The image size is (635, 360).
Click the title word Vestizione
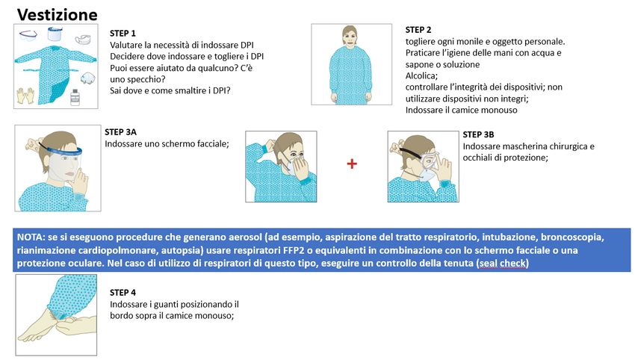(57, 15)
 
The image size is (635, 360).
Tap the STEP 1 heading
(123, 34)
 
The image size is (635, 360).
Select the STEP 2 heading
(418, 29)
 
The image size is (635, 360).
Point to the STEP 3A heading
(121, 132)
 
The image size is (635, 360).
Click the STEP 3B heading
(479, 134)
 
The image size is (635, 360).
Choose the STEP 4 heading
(123, 292)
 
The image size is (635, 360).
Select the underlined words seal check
(504, 264)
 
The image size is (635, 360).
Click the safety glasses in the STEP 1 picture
(29, 34)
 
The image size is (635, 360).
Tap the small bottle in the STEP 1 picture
(74, 97)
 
